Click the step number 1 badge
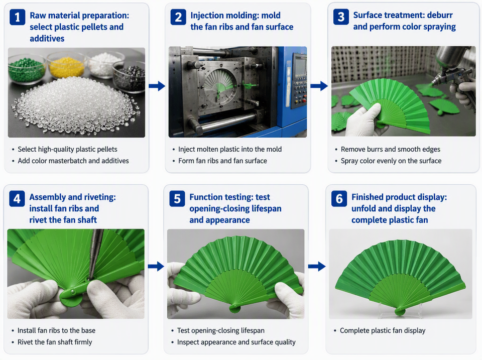[17, 17]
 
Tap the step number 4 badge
[17, 199]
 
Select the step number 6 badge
[339, 199]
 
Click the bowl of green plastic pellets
[27, 71]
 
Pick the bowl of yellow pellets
[67, 65]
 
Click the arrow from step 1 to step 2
[157, 86]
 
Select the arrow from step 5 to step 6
[317, 266]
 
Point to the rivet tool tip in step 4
[90, 279]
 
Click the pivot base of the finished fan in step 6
[400, 312]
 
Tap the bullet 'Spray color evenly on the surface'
[391, 161]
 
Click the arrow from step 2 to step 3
[319, 86]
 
